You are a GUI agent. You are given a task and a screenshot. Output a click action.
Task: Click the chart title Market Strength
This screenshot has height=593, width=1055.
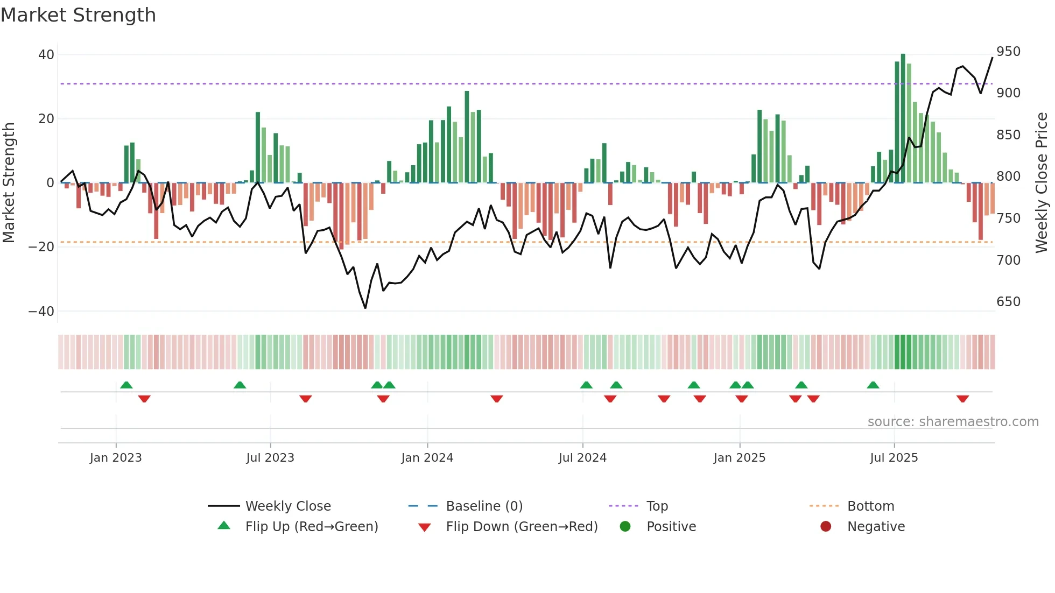78,15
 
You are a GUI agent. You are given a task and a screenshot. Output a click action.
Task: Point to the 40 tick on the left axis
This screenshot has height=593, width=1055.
46,55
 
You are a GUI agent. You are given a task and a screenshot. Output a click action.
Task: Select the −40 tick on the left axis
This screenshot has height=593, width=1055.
41,312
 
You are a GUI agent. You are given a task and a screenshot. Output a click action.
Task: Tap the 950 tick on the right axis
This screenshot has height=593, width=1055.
1008,52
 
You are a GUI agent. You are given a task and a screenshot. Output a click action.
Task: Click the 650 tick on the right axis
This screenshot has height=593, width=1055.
1008,302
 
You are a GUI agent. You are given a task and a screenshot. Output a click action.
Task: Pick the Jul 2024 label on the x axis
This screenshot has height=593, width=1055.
582,458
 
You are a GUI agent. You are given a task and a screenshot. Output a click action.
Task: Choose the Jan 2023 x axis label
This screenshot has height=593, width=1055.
116,458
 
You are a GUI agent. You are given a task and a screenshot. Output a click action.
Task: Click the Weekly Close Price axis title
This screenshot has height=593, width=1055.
1042,183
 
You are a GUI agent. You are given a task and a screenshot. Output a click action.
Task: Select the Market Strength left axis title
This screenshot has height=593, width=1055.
9,183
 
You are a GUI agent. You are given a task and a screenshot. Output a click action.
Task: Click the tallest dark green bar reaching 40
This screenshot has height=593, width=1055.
903,118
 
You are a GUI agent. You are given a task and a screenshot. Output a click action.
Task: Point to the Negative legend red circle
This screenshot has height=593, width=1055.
826,527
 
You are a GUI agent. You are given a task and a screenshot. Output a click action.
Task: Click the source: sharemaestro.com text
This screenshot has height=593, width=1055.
953,422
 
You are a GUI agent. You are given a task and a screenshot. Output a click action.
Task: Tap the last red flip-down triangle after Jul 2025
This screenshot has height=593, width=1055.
962,399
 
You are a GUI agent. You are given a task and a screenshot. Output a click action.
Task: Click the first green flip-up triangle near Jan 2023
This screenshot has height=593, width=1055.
126,385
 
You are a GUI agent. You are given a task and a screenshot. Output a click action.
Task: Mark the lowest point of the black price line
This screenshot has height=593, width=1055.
365,308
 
